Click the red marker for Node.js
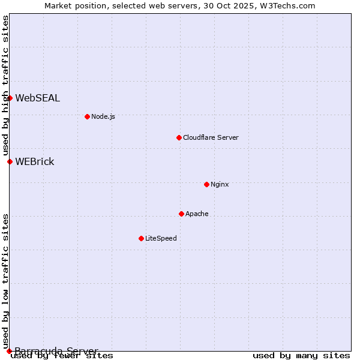point(87,116)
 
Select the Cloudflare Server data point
point(179,137)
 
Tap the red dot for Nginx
point(206,184)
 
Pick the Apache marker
point(181,214)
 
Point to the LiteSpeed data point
point(141,238)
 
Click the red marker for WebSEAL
point(10,98)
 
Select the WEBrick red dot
point(10,161)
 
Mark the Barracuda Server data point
point(9,351)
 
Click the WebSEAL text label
point(37,98)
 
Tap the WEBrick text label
point(34,162)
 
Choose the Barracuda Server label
point(56,350)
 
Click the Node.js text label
point(103,116)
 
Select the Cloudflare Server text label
point(211,137)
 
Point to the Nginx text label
point(220,184)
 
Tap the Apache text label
point(197,214)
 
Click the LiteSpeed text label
point(161,238)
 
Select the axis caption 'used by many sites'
point(301,356)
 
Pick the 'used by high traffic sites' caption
point(5,85)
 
